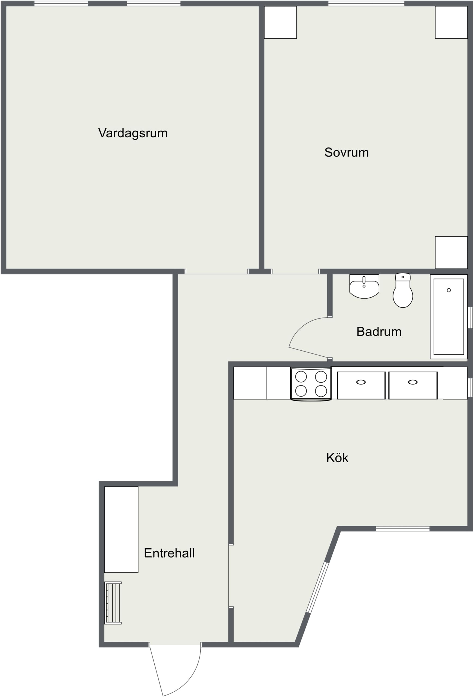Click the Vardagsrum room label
133,133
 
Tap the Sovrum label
347,152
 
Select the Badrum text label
379,332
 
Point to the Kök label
337,458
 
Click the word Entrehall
169,553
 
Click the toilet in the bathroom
403,290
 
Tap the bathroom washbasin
364,287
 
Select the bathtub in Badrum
448,317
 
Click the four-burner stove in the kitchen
311,384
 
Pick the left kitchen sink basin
361,385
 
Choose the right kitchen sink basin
413,385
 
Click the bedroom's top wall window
366,4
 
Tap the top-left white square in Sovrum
280,23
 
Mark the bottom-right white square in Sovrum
451,253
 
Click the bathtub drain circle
449,290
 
